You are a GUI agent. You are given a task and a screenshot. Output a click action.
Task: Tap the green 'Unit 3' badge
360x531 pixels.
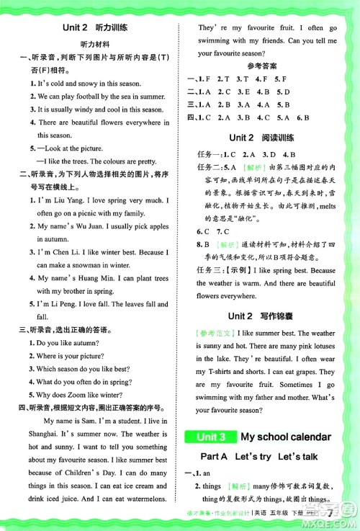point(209,436)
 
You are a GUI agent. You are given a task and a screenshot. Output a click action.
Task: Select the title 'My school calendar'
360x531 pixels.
point(285,436)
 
